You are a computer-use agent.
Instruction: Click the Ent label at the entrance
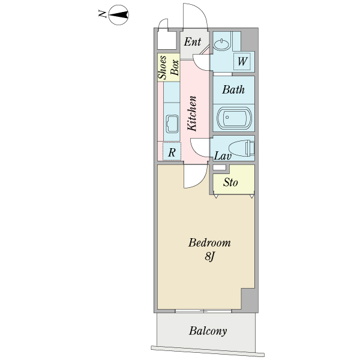click(193, 42)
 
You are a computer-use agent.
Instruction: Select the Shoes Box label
click(169, 67)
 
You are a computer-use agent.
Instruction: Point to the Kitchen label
click(193, 113)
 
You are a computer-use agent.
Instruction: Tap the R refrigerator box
click(172, 152)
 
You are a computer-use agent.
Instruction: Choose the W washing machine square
click(242, 61)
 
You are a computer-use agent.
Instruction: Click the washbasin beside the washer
click(222, 43)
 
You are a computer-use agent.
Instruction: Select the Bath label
click(233, 90)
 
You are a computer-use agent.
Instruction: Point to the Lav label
click(223, 156)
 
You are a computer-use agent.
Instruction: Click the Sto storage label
click(230, 182)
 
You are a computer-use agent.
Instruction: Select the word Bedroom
click(209, 243)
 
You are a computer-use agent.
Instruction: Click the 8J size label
click(209, 257)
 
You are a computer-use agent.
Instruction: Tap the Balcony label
click(208, 331)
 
